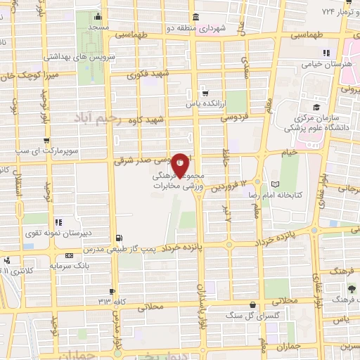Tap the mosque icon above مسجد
coord(97,15)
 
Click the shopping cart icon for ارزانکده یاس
coord(205,92)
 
